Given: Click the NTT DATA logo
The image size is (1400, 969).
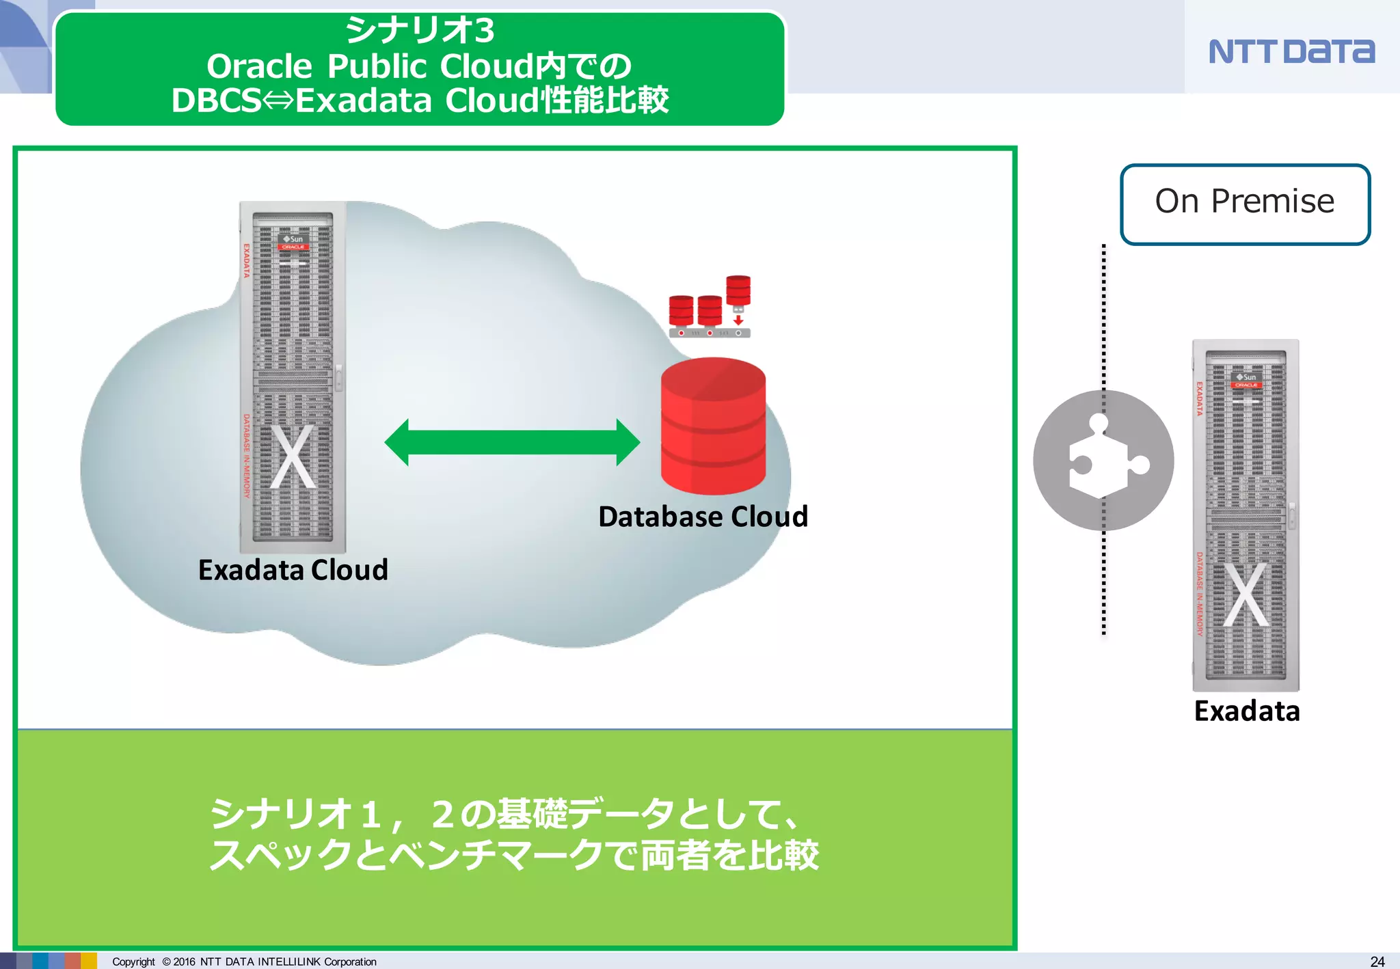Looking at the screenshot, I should (1291, 51).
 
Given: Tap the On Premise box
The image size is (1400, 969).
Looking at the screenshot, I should (1245, 203).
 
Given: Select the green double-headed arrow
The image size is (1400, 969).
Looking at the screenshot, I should (512, 442).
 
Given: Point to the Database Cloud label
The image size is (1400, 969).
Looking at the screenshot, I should (703, 517).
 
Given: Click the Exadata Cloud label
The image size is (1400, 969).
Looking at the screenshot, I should (293, 570).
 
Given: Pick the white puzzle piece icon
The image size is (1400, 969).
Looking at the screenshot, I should (1102, 459).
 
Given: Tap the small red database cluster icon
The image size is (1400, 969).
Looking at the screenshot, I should (710, 308).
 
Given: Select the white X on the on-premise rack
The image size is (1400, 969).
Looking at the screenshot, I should (1246, 595).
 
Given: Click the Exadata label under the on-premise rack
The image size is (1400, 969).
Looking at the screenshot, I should (1246, 711).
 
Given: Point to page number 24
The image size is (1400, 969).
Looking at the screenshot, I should (1377, 961).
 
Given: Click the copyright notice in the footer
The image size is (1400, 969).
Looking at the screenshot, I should (244, 961).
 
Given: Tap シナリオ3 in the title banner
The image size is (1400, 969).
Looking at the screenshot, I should (419, 30).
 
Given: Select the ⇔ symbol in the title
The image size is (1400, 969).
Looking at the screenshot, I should (278, 100).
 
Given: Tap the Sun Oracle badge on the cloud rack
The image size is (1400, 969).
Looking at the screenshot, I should (293, 243).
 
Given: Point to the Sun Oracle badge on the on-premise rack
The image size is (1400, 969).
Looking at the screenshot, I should (1246, 381).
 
